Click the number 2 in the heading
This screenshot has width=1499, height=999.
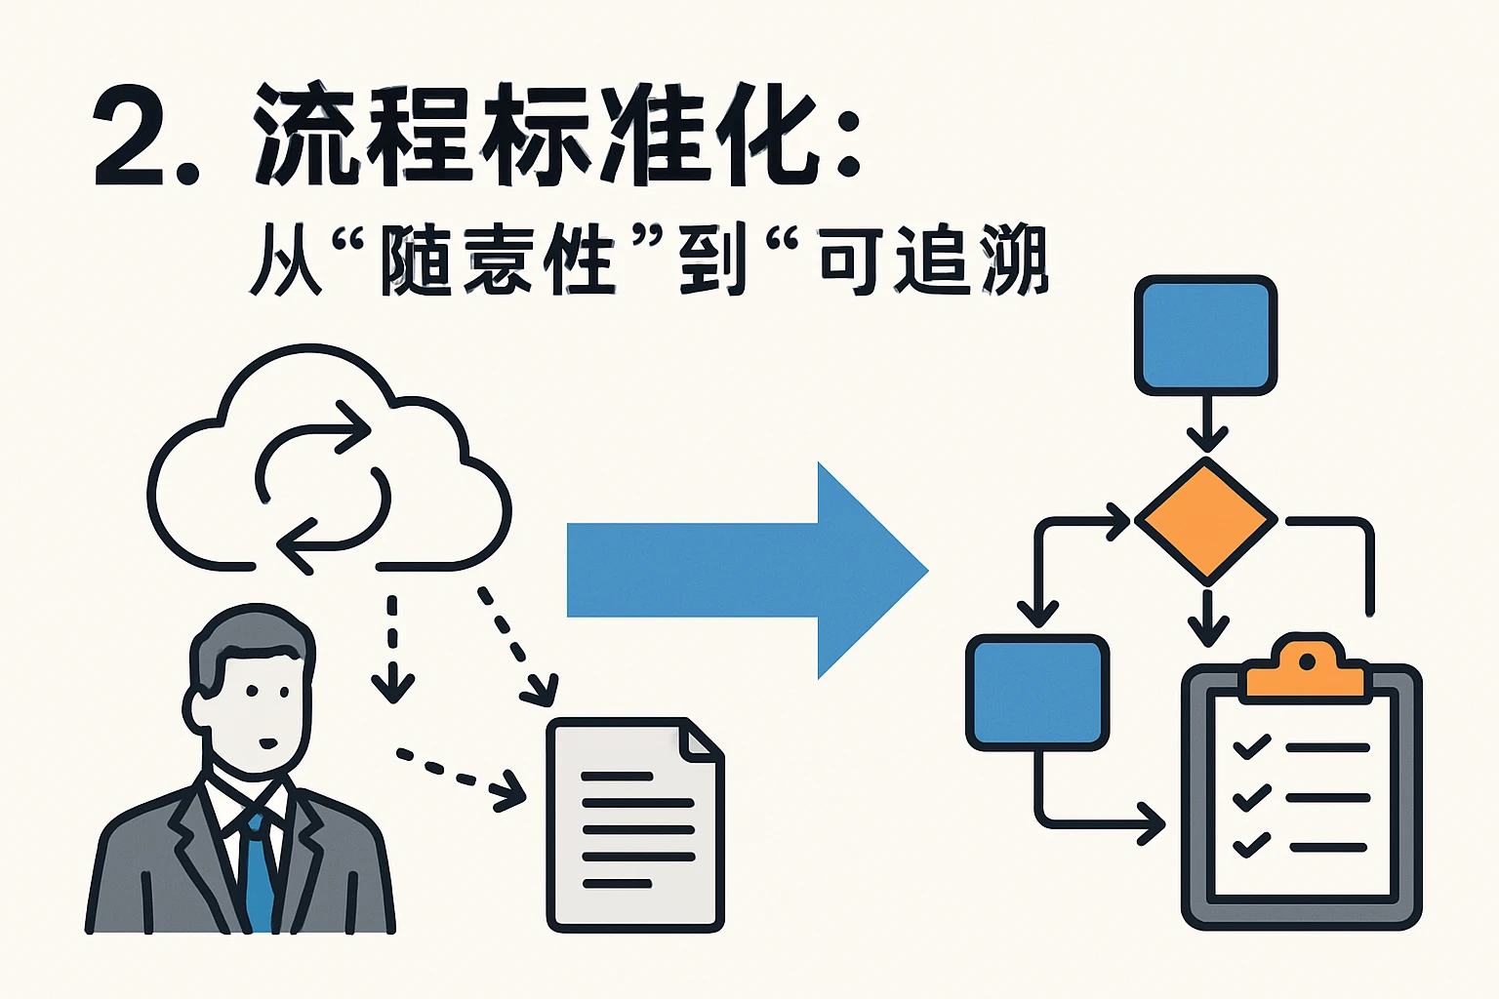point(130,136)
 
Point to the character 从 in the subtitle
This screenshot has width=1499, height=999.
point(285,260)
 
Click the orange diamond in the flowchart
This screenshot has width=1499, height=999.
point(1206,521)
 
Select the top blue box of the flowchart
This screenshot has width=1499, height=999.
point(1206,335)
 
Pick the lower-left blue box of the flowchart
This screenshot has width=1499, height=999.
point(1037,692)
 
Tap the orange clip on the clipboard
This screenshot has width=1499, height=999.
point(1305,668)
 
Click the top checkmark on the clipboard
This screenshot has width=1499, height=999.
point(1252,747)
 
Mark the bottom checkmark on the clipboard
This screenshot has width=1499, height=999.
point(1252,844)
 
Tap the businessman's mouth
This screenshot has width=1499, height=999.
point(266,743)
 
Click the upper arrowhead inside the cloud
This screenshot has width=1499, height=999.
point(353,427)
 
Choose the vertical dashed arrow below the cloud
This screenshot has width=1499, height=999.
point(392,649)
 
